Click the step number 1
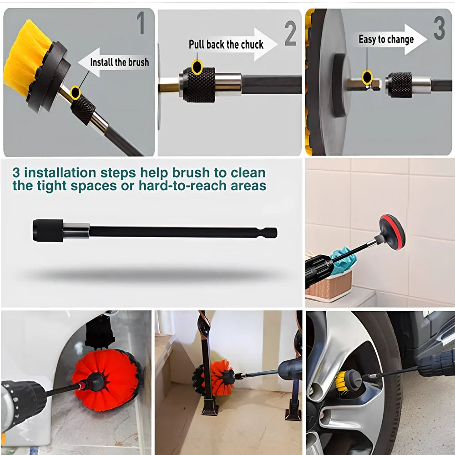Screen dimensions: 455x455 [142, 24]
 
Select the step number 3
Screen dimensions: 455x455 [439, 29]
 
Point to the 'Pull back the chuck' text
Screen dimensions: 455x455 [226, 45]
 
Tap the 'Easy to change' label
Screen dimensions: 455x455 [386, 40]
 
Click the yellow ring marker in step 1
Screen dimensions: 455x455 [76, 93]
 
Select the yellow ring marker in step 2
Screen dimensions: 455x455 [197, 67]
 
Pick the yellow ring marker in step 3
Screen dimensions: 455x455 [367, 77]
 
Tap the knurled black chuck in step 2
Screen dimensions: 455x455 [199, 86]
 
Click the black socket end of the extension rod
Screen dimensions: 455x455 [48, 230]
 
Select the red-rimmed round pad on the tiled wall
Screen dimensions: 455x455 [392, 232]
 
